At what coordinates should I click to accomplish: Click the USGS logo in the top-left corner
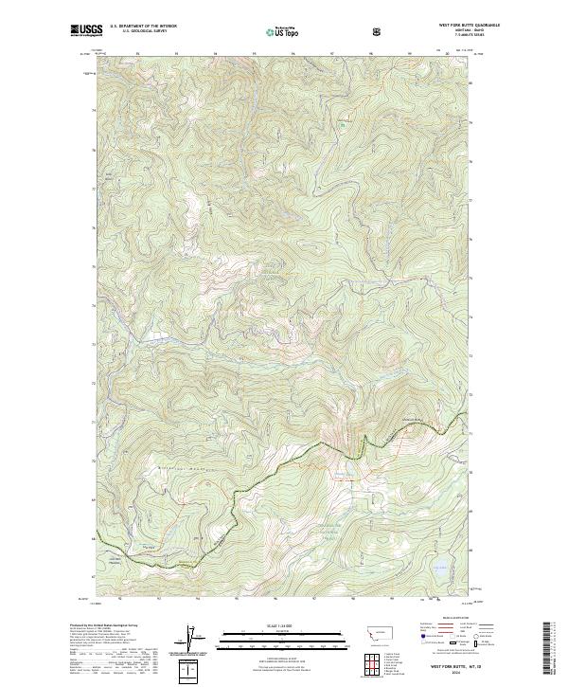coord(87,31)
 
